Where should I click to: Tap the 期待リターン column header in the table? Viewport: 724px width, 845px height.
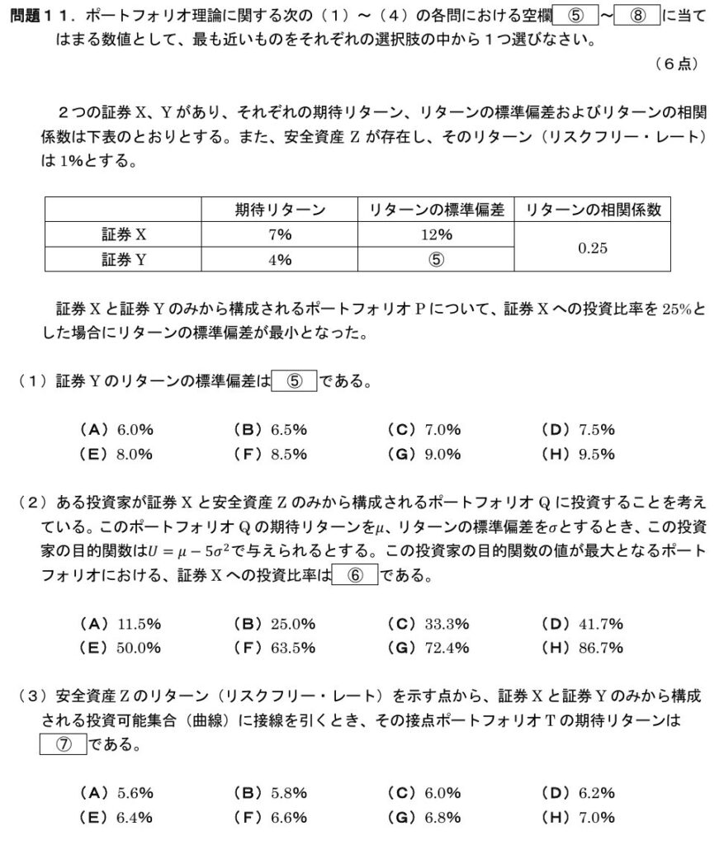tap(279, 210)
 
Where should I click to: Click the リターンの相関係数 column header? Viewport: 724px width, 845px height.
tap(593, 210)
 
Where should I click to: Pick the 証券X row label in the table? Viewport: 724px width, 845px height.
tap(123, 234)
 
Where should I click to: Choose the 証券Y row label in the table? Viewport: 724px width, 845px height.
tap(123, 259)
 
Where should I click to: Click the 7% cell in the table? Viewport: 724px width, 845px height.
tap(279, 234)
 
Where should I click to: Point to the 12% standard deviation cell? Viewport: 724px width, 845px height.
tap(436, 234)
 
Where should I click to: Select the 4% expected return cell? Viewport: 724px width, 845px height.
tap(279, 259)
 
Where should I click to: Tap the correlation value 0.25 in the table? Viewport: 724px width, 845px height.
tap(593, 247)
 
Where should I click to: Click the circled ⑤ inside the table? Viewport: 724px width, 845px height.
tap(436, 259)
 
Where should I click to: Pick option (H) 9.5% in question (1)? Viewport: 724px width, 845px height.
tap(578, 454)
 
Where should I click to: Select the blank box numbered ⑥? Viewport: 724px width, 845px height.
tap(355, 575)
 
